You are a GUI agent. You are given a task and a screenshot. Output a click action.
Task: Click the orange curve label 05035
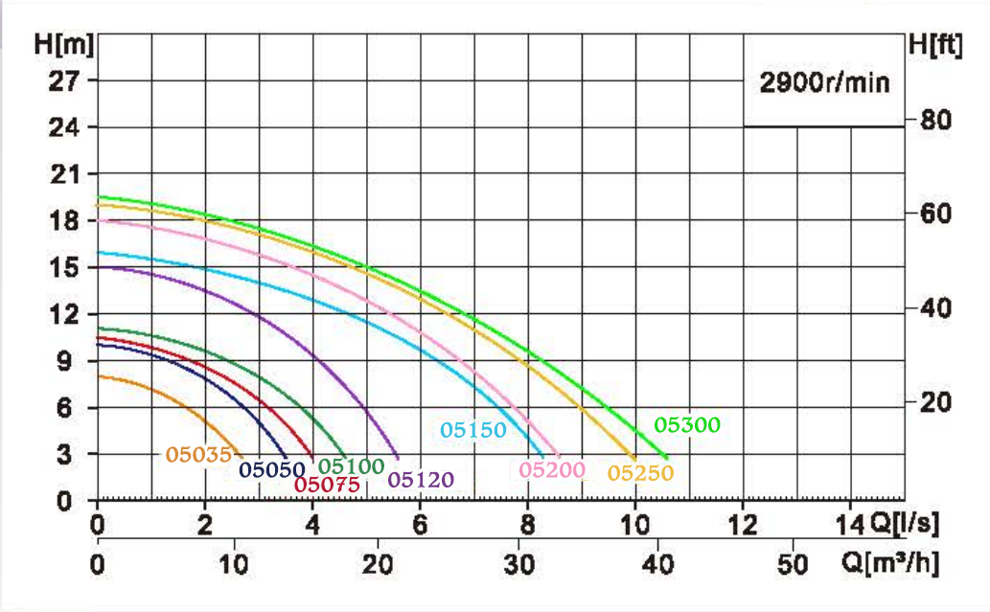[198, 454]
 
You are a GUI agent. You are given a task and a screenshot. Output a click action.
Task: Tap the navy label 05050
[272, 469]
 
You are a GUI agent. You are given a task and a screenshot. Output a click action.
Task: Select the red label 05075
[327, 485]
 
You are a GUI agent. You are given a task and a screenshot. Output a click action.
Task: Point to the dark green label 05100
[351, 466]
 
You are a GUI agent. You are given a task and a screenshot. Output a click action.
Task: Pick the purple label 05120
[421, 480]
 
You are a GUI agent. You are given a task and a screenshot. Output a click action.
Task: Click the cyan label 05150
[473, 430]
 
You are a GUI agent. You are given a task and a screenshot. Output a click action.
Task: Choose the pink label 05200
[552, 469]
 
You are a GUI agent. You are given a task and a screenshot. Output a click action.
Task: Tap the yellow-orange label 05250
[640, 472]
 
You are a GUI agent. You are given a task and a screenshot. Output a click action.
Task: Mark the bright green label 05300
[686, 424]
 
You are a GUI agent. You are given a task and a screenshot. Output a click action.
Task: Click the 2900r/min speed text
[824, 83]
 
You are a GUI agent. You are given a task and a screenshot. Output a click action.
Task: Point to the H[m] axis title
[57, 43]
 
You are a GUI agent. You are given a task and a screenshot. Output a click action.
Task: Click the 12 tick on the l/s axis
[742, 525]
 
